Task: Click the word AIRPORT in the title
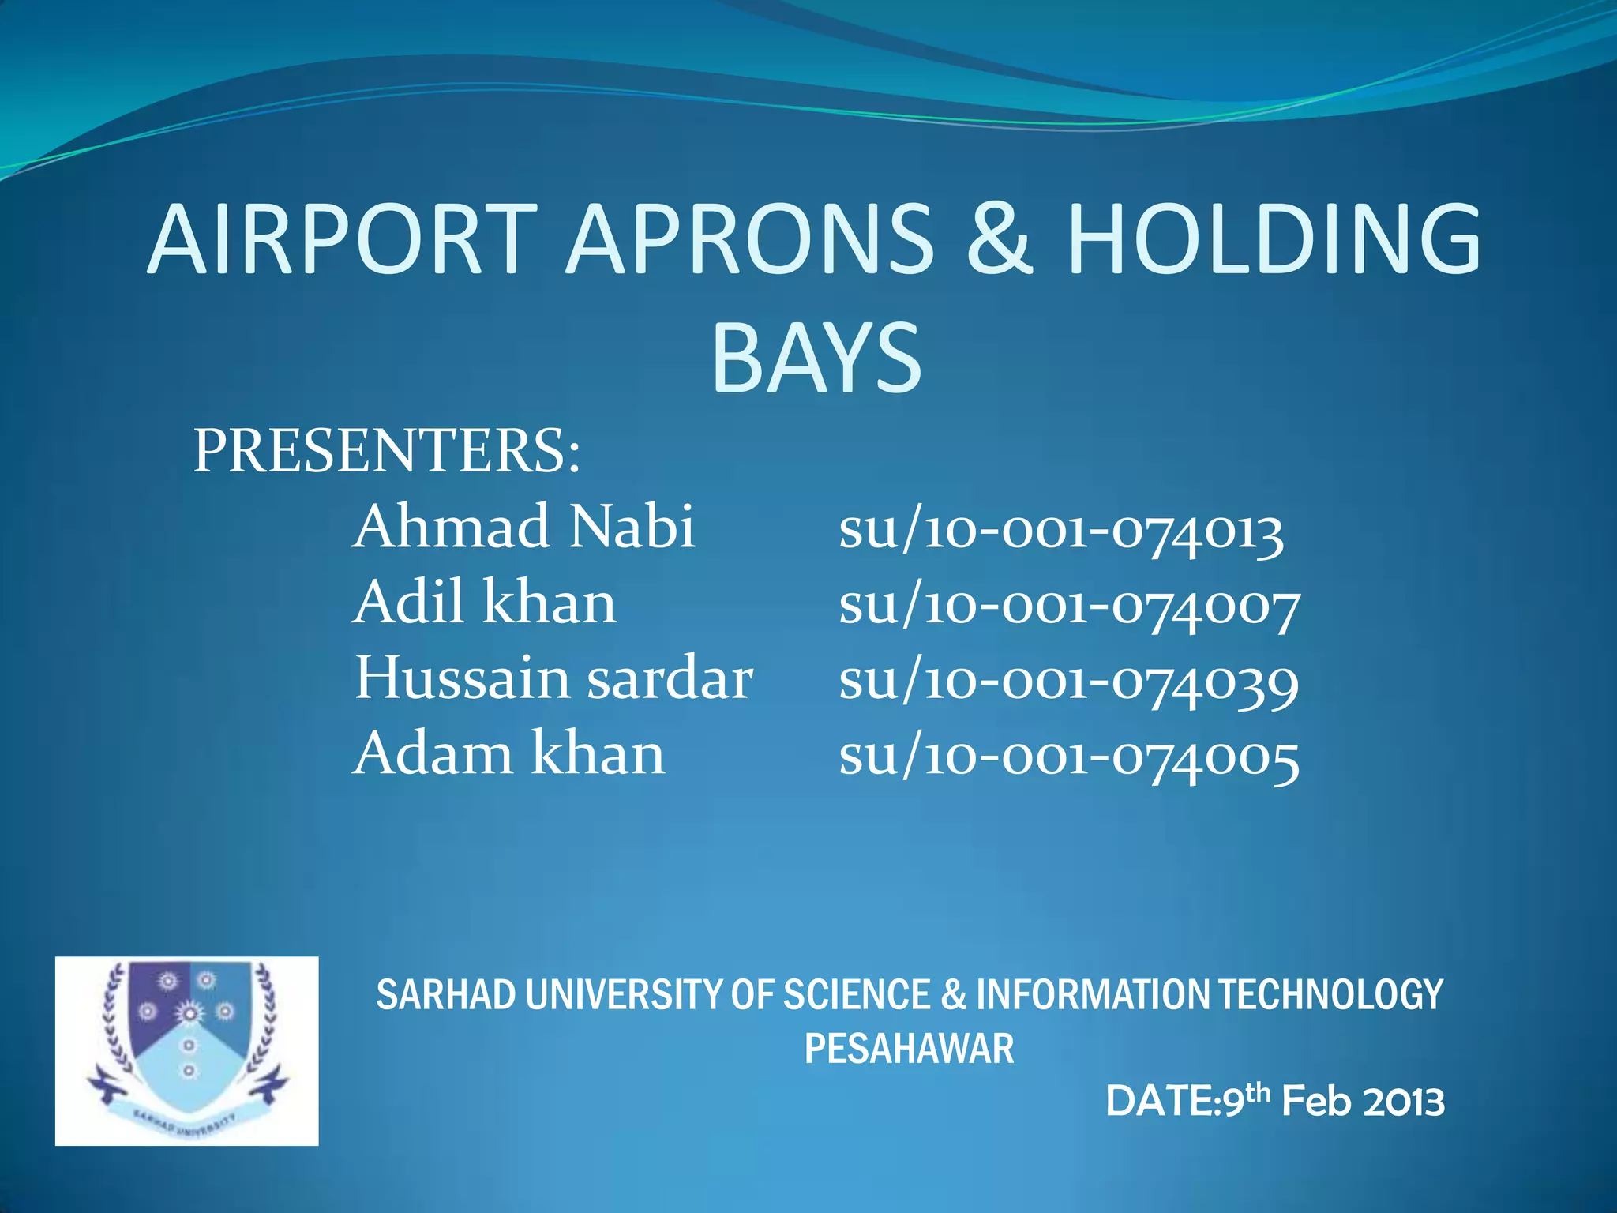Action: tap(342, 239)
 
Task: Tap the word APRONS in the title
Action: tap(750, 239)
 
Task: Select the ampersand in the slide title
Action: tap(999, 239)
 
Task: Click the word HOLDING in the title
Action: tap(1274, 239)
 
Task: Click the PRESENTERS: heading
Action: tap(387, 452)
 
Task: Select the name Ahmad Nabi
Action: tap(523, 527)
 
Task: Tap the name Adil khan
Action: tap(484, 603)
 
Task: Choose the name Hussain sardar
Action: tap(553, 678)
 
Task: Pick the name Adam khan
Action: tap(508, 754)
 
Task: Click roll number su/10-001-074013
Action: tap(1060, 531)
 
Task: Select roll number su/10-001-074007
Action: tap(1069, 606)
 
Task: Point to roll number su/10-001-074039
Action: tap(1068, 682)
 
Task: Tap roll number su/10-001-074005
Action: tap(1068, 758)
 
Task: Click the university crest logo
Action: tap(187, 1050)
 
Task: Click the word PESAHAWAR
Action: tap(909, 1050)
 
